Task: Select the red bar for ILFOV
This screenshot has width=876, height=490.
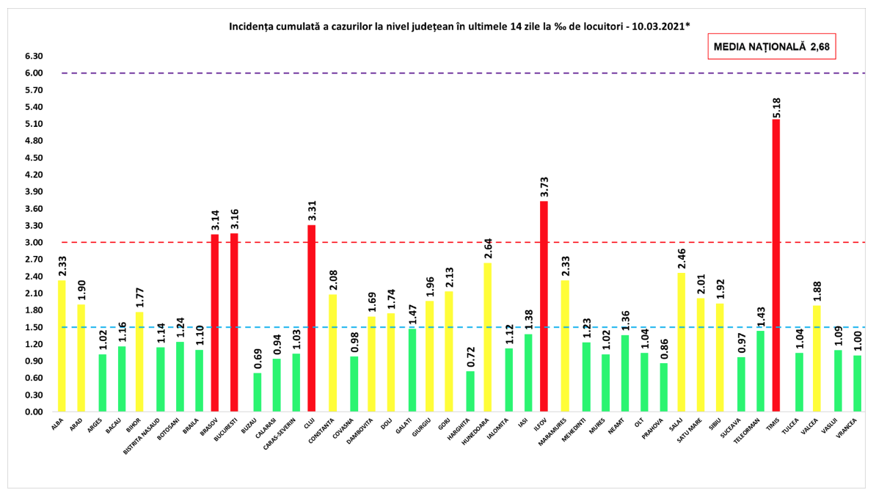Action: [x=544, y=307]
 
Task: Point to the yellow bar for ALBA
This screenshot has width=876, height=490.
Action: [x=62, y=346]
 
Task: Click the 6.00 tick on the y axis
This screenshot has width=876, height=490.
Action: [x=34, y=73]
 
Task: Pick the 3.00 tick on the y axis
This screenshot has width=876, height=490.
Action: [x=34, y=243]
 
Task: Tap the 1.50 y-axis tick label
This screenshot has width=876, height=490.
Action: [x=34, y=327]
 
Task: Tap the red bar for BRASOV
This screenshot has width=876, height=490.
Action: [x=215, y=323]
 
